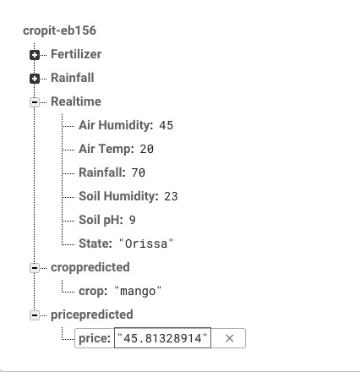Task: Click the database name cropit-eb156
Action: (x=59, y=30)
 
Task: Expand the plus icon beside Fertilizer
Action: (x=35, y=55)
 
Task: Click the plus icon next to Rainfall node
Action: (x=35, y=79)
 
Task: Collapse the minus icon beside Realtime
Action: (x=35, y=102)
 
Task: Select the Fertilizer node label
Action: (x=76, y=54)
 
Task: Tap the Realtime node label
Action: (x=76, y=101)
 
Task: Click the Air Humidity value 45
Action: (x=166, y=125)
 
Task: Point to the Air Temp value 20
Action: (x=147, y=149)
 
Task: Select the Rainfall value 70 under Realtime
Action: (x=139, y=172)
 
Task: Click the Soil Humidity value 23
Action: (x=171, y=196)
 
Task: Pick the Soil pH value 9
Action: (x=133, y=220)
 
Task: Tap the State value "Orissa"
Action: (x=146, y=243)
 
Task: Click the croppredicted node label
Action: (x=90, y=267)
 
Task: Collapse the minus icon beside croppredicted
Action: (x=35, y=268)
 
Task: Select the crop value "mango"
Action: (x=138, y=291)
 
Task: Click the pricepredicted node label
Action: (x=92, y=315)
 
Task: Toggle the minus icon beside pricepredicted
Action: (x=35, y=315)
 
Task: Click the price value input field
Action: (x=162, y=338)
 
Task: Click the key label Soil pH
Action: (x=101, y=220)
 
